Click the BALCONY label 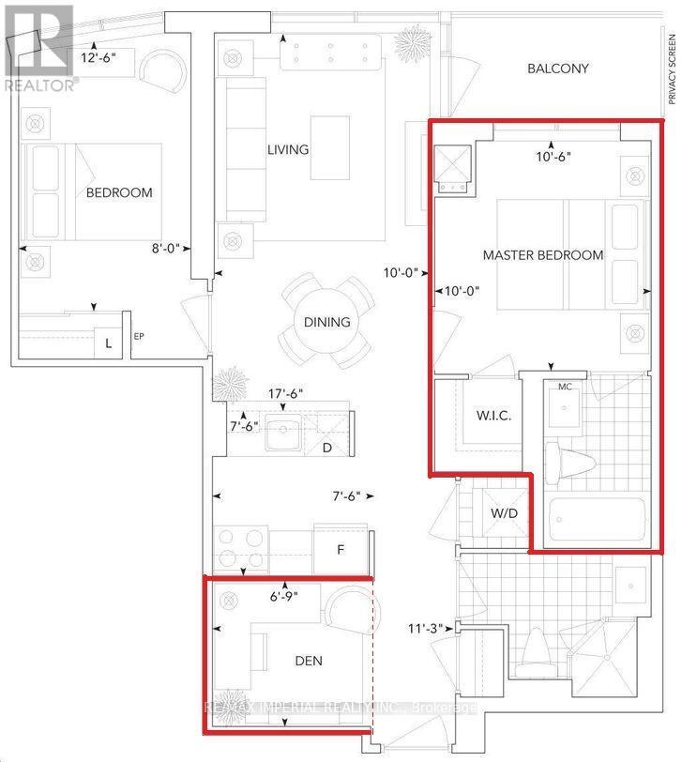(x=557, y=69)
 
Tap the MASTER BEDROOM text (x=543, y=255)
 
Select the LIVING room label (x=288, y=149)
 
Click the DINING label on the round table (x=326, y=322)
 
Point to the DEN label (x=308, y=661)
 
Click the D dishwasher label (x=326, y=448)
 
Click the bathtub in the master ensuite (x=597, y=521)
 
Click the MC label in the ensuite (x=565, y=387)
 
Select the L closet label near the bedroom (x=109, y=344)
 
